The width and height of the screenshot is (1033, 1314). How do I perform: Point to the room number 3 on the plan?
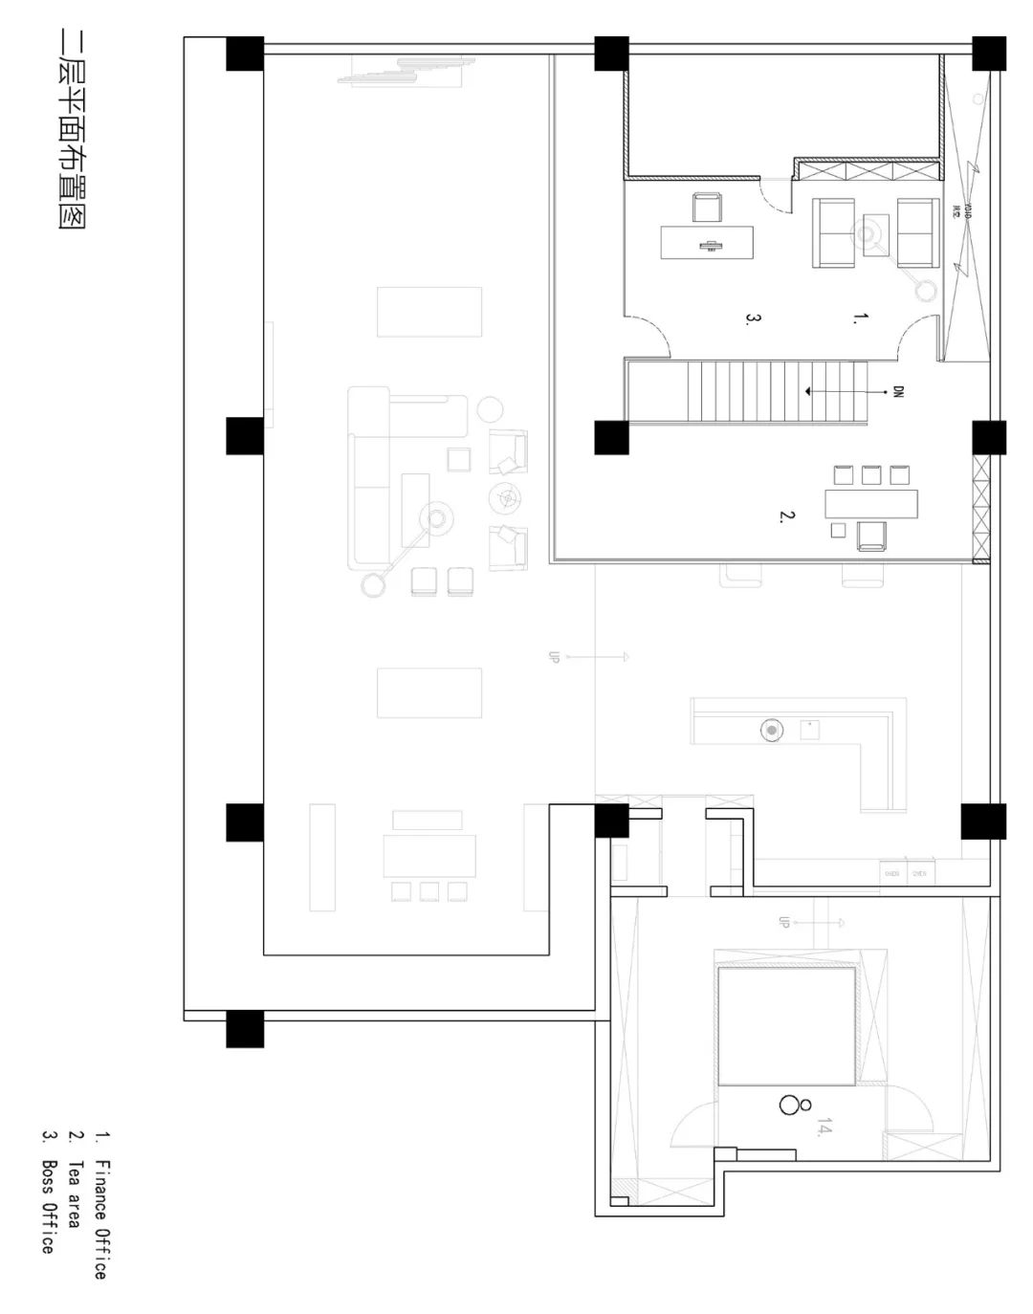pyautogui.click(x=753, y=318)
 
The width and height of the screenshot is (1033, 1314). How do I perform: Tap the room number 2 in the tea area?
pyautogui.click(x=786, y=516)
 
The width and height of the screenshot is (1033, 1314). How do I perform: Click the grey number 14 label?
pyautogui.click(x=823, y=1128)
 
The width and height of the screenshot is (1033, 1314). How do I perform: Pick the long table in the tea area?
pyautogui.click(x=870, y=504)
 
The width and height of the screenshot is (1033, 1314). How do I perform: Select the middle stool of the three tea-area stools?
pyautogui.click(x=870, y=474)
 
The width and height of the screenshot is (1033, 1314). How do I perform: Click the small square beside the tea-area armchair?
pyautogui.click(x=838, y=530)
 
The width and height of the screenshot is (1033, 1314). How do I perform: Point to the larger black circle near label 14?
pyautogui.click(x=789, y=1105)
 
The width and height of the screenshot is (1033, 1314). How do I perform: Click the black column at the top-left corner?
pyautogui.click(x=245, y=54)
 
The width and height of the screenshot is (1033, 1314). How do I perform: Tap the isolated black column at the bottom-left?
pyautogui.click(x=245, y=1028)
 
